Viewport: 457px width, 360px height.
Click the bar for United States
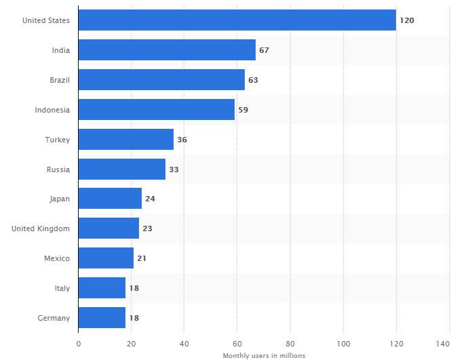tap(237, 20)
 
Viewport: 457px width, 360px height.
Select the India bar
tap(167, 50)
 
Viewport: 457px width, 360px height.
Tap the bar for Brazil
tap(161, 80)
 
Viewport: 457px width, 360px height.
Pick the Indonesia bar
tap(156, 109)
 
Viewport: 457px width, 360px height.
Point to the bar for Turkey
tap(125, 139)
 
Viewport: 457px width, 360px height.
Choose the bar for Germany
tap(102, 317)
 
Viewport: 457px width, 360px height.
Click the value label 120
tap(407, 20)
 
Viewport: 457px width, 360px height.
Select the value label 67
tap(264, 50)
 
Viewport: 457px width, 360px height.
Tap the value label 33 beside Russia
tap(174, 169)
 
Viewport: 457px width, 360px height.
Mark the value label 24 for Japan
tap(150, 199)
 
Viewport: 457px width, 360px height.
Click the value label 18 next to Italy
tap(134, 288)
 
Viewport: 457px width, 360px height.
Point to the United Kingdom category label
tap(41, 228)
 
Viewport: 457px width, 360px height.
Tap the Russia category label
tap(58, 169)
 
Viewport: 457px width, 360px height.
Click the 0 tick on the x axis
tap(78, 344)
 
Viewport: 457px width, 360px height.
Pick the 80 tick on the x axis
tap(290, 344)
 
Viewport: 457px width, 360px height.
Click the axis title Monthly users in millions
tap(264, 355)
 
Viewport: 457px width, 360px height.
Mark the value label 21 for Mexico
tap(142, 258)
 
